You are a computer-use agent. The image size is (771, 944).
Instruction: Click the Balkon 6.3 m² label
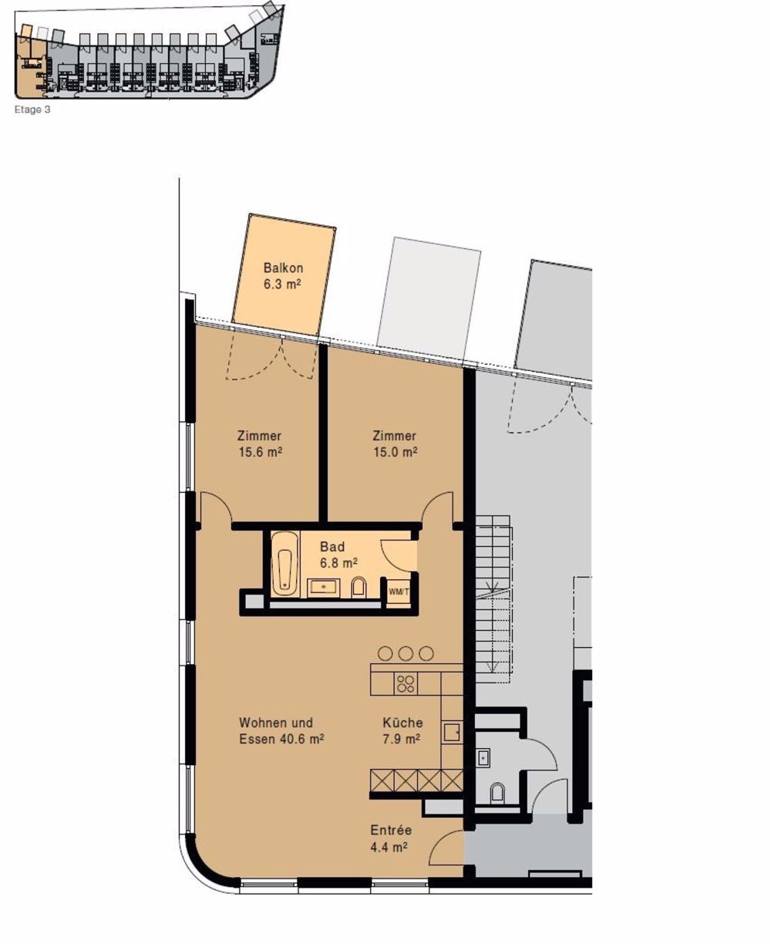click(282, 276)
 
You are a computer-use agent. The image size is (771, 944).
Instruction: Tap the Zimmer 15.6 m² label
click(260, 444)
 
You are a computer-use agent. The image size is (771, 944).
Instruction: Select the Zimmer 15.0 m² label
click(394, 444)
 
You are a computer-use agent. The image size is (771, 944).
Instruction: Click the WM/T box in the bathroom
click(399, 592)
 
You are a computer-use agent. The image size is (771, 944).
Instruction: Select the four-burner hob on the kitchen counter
click(406, 683)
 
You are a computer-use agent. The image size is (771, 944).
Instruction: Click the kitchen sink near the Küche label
click(452, 732)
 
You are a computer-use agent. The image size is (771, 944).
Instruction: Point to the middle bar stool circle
click(406, 653)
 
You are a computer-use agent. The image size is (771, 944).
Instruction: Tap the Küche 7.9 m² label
click(402, 730)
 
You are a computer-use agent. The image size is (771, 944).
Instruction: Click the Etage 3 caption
click(32, 110)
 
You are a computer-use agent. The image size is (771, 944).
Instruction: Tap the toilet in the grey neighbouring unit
click(497, 792)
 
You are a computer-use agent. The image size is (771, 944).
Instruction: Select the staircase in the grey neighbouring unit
click(493, 594)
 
